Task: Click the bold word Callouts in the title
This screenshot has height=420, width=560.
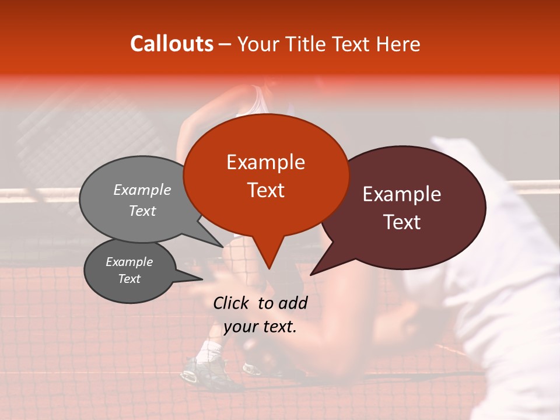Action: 171,44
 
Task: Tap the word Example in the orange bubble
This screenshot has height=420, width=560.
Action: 265,162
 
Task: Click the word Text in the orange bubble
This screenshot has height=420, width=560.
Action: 265,190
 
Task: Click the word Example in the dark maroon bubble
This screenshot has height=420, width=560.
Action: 402,194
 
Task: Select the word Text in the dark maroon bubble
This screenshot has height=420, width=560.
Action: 402,222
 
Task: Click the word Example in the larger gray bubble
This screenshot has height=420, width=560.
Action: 142,190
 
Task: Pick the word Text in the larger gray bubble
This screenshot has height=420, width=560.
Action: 142,211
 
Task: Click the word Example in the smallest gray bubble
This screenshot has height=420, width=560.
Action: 129,262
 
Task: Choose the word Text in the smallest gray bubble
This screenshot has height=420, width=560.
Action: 129,279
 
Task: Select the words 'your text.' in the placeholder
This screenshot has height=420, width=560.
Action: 260,327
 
